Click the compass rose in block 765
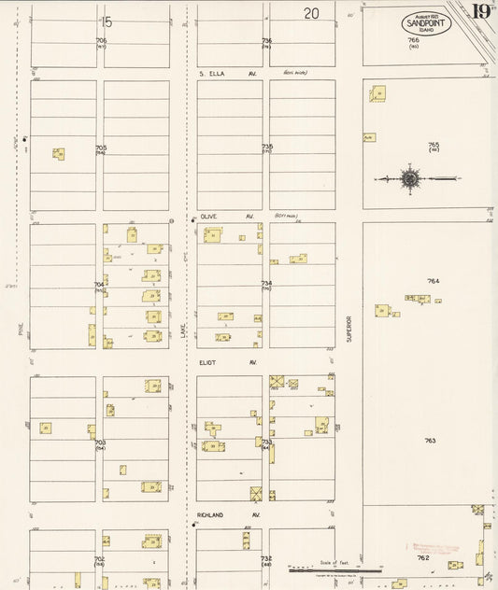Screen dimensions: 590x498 click(409, 178)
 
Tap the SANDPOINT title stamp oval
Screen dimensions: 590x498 click(427, 23)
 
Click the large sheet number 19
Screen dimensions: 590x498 click(481, 12)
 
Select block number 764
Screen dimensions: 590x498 click(433, 281)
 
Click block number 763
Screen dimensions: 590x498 click(430, 440)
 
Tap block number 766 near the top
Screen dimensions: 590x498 click(413, 40)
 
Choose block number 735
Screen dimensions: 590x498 click(267, 146)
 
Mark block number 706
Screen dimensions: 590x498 click(101, 40)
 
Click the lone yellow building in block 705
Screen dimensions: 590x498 click(59, 153)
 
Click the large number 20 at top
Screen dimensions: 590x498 click(311, 13)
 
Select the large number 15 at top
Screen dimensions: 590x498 click(107, 21)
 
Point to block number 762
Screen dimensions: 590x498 click(423, 557)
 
